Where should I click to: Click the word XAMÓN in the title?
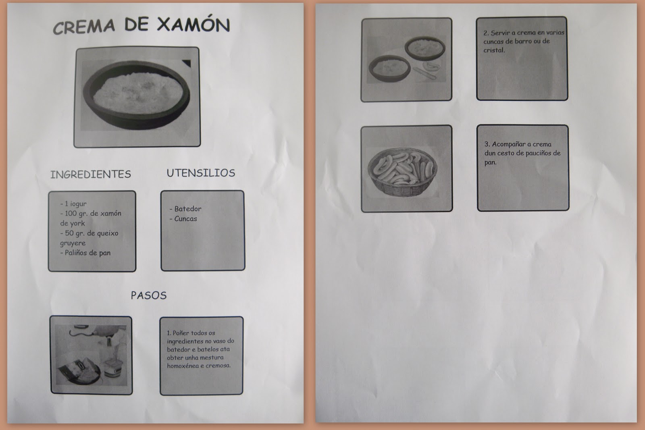tap(193, 25)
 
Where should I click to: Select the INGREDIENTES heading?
tap(91, 174)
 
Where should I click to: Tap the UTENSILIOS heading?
tap(201, 173)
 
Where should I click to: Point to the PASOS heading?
tap(148, 295)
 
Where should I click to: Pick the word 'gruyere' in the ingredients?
tap(73, 243)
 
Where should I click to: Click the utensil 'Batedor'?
tap(187, 209)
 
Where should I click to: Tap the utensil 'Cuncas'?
tap(185, 218)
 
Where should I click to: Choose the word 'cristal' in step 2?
tap(494, 50)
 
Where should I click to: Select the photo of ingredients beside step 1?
tap(91, 355)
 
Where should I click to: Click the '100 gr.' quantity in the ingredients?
tap(77, 214)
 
